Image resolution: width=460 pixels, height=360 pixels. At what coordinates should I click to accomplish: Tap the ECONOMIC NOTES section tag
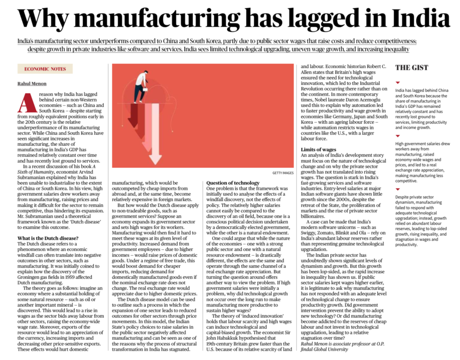[45, 69]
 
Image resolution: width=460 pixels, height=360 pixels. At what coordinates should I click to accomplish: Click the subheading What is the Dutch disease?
[48, 238]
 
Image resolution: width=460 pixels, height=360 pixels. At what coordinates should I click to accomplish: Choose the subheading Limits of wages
[318, 149]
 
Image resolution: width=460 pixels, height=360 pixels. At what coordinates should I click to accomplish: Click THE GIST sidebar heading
[411, 68]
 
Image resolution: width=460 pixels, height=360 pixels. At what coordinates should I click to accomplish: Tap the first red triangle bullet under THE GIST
[398, 83]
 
